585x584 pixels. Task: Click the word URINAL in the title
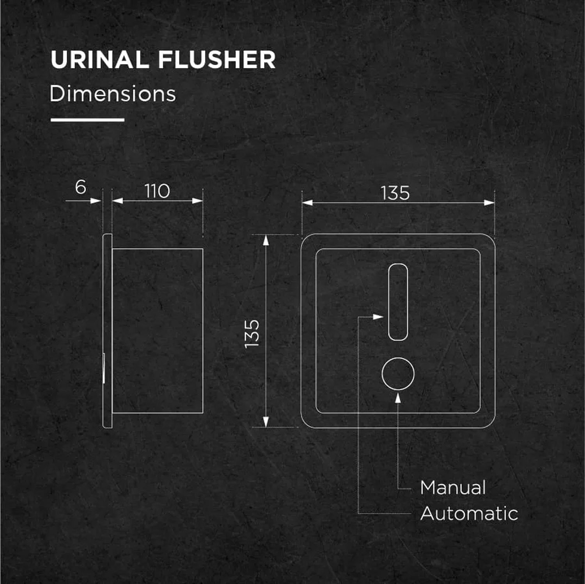(99, 60)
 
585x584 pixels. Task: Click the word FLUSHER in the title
(217, 60)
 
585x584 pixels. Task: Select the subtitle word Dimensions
(113, 94)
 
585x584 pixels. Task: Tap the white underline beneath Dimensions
(87, 120)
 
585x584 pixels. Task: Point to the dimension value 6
(80, 187)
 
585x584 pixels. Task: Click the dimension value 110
(157, 191)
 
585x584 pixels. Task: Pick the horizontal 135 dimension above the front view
(395, 193)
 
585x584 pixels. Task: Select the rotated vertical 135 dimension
(252, 334)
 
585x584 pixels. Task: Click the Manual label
(453, 488)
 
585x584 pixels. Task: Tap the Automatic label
(469, 513)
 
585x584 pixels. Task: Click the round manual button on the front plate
(398, 373)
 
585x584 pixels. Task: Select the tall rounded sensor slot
(398, 302)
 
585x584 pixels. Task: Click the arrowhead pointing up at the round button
(398, 398)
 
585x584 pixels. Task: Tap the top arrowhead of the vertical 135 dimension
(266, 240)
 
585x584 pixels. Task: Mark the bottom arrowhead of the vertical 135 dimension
(266, 422)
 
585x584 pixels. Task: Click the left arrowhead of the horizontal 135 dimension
(307, 202)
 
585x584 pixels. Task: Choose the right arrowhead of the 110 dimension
(198, 201)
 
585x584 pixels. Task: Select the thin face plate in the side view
(108, 331)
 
